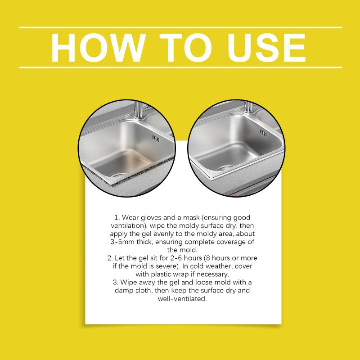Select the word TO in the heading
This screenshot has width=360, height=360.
[x=186, y=48]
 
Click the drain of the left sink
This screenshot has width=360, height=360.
[x=120, y=175]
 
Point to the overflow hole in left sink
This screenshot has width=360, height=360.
[x=156, y=139]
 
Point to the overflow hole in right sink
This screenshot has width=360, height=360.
[x=263, y=133]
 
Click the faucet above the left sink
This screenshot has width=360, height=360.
[x=139, y=110]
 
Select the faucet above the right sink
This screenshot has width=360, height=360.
[x=249, y=108]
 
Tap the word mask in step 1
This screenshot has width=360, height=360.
[x=192, y=217]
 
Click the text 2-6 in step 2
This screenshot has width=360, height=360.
[x=176, y=258]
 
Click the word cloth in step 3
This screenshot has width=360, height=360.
[x=143, y=290]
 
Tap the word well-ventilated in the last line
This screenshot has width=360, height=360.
[x=182, y=299]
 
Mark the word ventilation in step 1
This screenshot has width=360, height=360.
[x=129, y=226]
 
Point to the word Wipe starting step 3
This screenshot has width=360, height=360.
[x=128, y=283]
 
